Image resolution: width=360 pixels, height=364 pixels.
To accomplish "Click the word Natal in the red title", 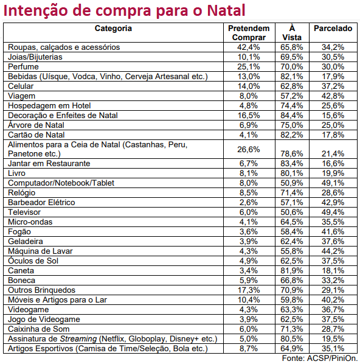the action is point(226,10).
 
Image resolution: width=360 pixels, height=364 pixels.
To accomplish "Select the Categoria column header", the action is point(113,29).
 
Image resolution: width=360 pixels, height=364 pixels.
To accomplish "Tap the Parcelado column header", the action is point(333,29).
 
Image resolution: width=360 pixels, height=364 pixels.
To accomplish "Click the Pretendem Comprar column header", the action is point(249,33).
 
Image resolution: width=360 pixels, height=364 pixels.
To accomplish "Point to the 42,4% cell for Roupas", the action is point(249,47).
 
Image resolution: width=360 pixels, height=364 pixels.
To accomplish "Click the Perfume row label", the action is point(23,66).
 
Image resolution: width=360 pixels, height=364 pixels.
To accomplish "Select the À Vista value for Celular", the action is point(291,86).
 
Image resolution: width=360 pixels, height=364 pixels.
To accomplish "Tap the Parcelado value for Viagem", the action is point(333,96).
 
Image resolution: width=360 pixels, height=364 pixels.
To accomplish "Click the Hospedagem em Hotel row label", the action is point(49,106).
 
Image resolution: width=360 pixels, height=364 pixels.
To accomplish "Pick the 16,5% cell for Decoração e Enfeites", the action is point(249,116).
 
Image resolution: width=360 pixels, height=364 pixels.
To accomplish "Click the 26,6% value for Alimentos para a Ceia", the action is point(249,149).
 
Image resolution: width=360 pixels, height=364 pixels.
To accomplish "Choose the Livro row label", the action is point(16,173).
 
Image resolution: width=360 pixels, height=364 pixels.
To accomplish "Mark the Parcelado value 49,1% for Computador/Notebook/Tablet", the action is point(333,183).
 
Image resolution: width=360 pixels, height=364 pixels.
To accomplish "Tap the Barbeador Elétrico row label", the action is point(41,203).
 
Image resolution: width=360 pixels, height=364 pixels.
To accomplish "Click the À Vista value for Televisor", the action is point(291,212).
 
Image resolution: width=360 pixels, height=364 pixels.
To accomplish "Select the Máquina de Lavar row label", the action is point(40,251).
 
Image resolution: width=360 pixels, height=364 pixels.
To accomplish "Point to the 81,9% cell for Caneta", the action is point(291,271).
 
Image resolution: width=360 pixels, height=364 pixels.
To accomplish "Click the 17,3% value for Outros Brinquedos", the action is point(249,290).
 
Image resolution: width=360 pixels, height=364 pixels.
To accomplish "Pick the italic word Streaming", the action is point(78,339).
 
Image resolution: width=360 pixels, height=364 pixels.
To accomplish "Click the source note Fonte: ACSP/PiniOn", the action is point(320,358).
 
